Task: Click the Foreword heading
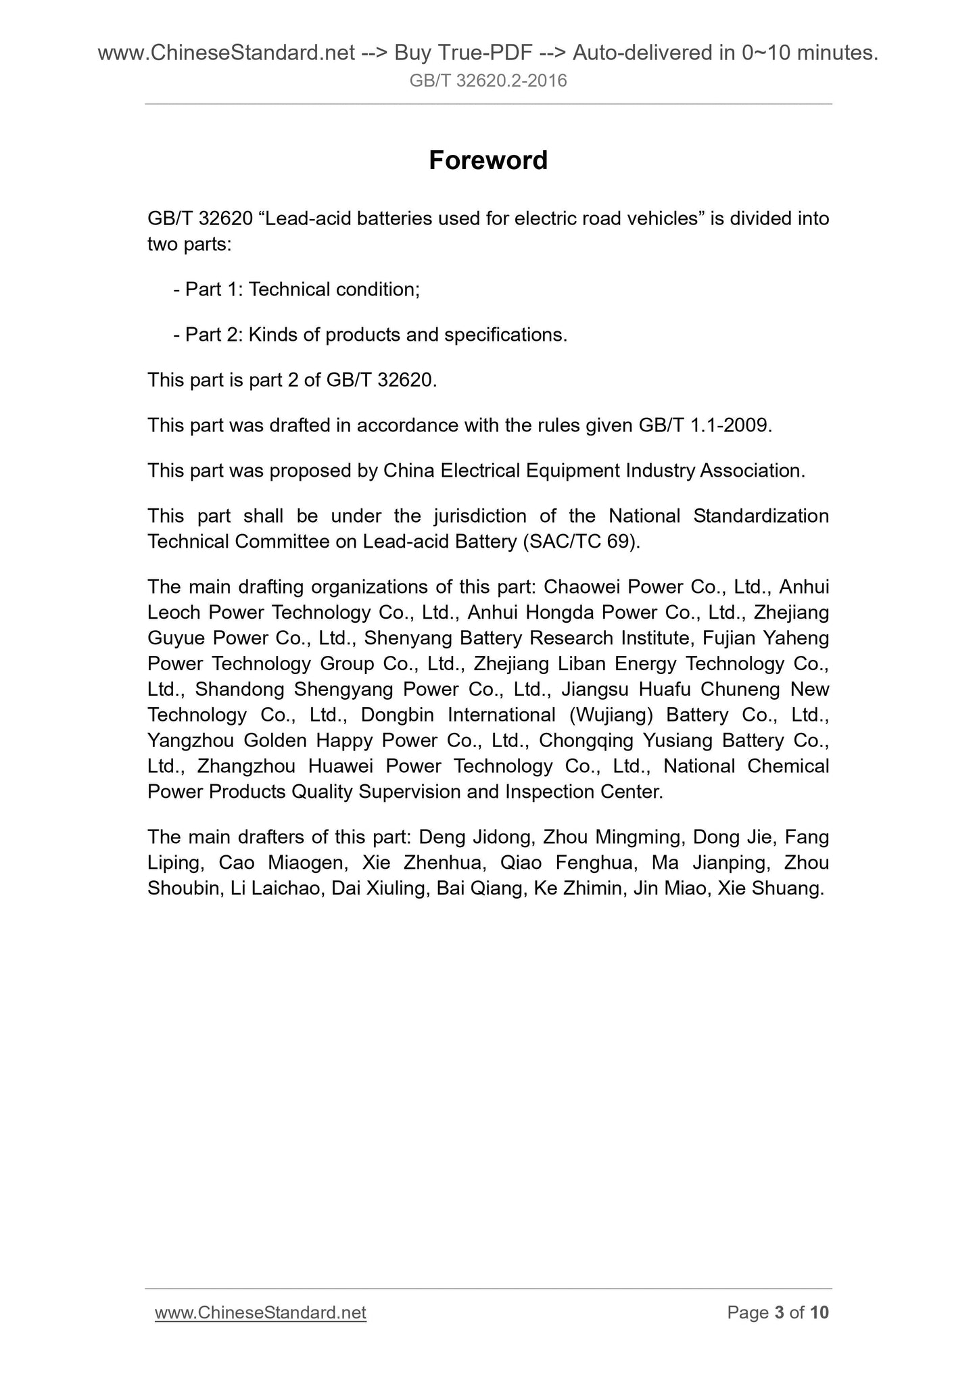(488, 160)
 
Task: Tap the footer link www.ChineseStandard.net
(260, 1312)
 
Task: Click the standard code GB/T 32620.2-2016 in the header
(488, 81)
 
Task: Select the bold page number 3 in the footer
(779, 1312)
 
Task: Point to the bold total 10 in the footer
(819, 1312)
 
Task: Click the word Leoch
(174, 612)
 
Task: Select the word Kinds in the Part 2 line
(272, 335)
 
